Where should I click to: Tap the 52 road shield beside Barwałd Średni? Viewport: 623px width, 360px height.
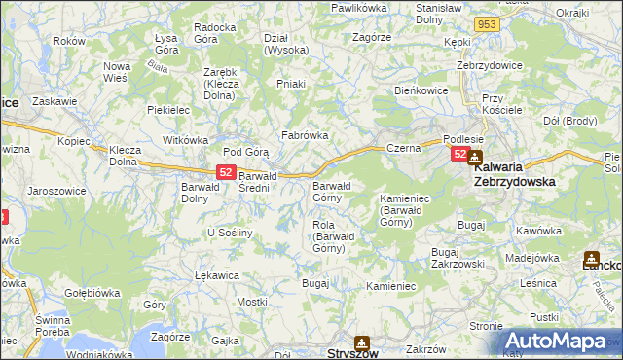click(x=225, y=171)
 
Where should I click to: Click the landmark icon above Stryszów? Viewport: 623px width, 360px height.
click(x=362, y=342)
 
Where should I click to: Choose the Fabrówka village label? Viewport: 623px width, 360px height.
click(x=305, y=135)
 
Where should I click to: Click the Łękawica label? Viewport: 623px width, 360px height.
click(x=217, y=275)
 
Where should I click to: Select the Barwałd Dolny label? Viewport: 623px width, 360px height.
click(x=202, y=193)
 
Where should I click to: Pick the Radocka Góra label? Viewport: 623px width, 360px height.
click(x=215, y=33)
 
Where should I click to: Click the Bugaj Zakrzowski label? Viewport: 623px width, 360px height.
click(x=458, y=257)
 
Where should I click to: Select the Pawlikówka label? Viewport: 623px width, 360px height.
click(x=358, y=8)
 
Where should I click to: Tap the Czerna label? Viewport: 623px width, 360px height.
click(x=402, y=148)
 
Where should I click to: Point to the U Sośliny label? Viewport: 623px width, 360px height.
click(x=230, y=233)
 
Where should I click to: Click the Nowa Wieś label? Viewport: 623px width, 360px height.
click(x=117, y=72)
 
